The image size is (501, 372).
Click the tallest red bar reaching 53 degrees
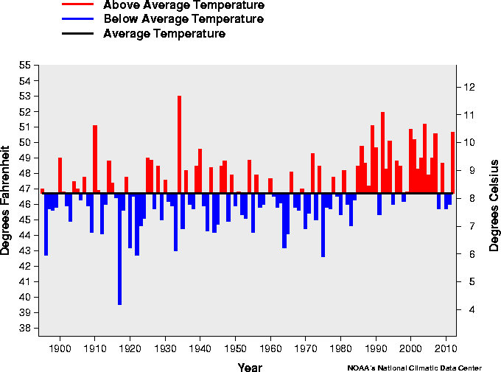point(179,144)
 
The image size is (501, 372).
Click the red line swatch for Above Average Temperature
point(77,4)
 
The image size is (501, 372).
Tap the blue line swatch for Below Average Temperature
point(77,18)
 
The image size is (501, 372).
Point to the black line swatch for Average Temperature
point(77,34)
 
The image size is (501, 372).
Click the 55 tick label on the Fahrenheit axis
point(24,66)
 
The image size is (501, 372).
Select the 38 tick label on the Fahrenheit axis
point(24,328)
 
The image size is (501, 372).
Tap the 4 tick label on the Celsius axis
point(468,309)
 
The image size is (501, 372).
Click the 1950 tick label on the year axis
point(236,348)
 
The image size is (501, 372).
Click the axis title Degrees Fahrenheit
point(7,199)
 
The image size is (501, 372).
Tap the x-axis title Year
point(249,367)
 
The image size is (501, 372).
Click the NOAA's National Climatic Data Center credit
point(415,367)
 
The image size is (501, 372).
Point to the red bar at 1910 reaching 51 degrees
point(95,159)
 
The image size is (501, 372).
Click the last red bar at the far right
point(453,162)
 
